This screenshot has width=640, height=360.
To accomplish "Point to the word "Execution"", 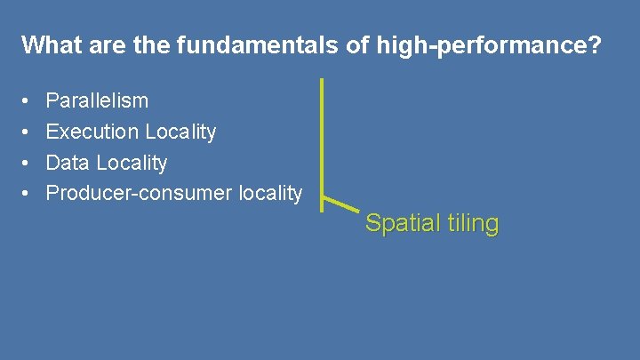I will [x=92, y=132].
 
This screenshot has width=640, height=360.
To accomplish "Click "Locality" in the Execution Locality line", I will [x=180, y=132].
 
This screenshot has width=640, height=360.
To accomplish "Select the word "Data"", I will [x=68, y=163].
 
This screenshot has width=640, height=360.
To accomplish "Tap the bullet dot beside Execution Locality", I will [x=27, y=132].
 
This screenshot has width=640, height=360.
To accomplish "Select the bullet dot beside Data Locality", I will [x=27, y=163].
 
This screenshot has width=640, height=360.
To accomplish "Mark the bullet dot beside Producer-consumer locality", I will [x=27, y=193].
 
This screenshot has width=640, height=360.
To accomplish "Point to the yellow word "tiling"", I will [x=470, y=223].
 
